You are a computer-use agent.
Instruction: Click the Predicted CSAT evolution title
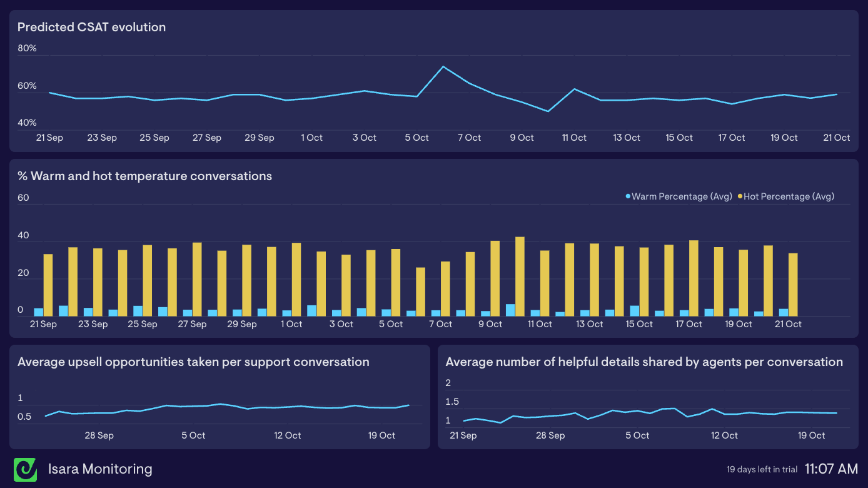[91, 28]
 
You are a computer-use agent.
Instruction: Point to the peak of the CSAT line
[443, 67]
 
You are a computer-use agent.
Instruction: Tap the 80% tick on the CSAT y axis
[27, 48]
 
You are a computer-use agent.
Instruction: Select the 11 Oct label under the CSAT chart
[574, 138]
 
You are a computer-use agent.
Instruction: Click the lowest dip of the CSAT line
[548, 111]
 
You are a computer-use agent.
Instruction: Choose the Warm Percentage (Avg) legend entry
[680, 196]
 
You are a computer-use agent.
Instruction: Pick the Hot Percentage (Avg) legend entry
[787, 196]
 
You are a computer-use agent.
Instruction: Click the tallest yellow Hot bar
[520, 276]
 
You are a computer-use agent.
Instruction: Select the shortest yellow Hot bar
[420, 292]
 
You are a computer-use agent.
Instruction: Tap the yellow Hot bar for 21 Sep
[48, 285]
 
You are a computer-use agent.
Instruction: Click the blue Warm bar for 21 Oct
[784, 312]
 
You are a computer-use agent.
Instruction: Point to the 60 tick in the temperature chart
[24, 198]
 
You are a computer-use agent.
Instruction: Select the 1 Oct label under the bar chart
[291, 324]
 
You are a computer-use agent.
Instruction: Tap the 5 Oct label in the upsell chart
[193, 435]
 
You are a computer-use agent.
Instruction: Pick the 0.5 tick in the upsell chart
[25, 417]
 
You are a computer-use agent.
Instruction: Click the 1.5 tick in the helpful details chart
[452, 402]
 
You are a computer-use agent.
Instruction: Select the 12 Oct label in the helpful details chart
[725, 435]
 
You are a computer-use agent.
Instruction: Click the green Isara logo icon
[26, 469]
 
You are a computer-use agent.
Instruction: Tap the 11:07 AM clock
[831, 469]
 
